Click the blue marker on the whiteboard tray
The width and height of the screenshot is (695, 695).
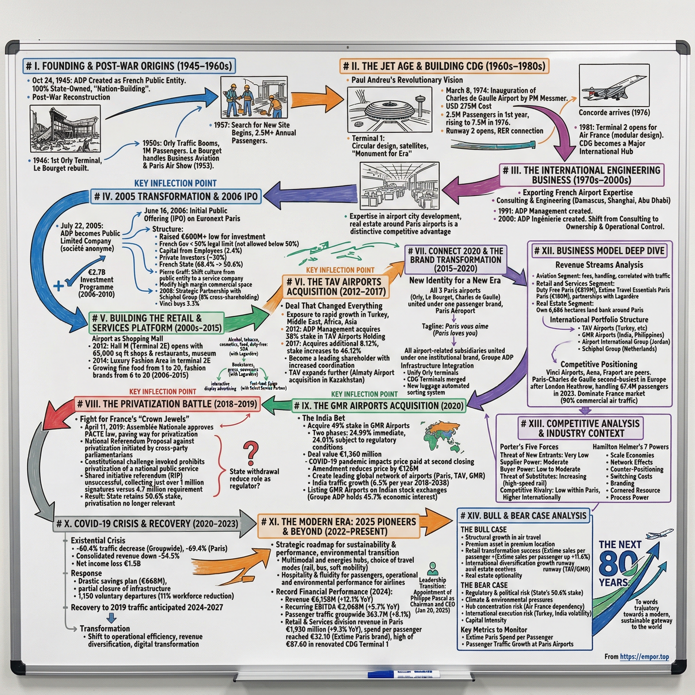coord(403,674)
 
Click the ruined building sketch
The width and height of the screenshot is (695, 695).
coord(65,129)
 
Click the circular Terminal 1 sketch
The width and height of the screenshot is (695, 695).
coord(389,109)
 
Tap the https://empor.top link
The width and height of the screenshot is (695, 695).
coord(644,657)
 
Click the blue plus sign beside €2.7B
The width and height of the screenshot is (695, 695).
coord(58,286)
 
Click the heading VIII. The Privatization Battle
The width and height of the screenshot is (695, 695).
coord(167,404)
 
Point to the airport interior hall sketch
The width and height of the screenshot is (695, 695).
coord(399,186)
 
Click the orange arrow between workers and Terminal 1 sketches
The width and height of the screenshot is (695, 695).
coord(317,98)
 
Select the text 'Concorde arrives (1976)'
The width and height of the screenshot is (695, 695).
coord(614,113)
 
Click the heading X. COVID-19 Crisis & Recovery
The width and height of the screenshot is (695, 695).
coord(147,523)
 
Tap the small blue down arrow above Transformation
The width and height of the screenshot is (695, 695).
coord(112,618)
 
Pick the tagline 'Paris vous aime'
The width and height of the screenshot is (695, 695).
coord(467,326)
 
